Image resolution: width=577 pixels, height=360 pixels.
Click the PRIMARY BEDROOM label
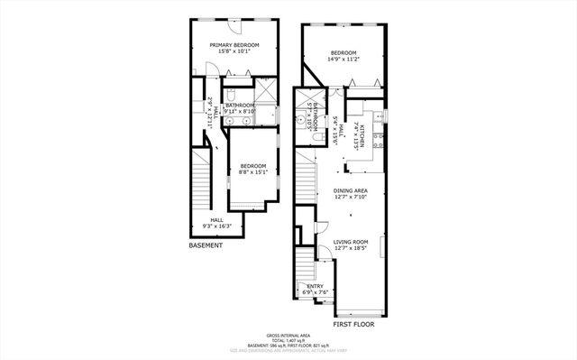pyautogui.click(x=234, y=45)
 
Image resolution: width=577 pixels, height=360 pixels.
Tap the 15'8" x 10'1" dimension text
pyautogui.click(x=234, y=51)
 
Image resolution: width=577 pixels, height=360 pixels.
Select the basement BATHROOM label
pyautogui.click(x=240, y=106)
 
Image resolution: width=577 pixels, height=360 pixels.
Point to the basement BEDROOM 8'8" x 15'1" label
pyautogui.click(x=253, y=168)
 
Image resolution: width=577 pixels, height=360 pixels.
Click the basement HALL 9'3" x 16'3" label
pyautogui.click(x=216, y=222)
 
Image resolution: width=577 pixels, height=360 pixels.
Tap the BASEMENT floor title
pyautogui.click(x=206, y=245)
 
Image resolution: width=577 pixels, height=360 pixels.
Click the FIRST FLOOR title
pyautogui.click(x=353, y=323)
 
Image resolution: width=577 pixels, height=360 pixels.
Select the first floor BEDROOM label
pyautogui.click(x=343, y=52)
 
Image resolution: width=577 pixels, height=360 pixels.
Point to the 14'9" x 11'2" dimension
pyautogui.click(x=343, y=60)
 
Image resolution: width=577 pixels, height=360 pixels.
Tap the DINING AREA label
pyautogui.click(x=350, y=190)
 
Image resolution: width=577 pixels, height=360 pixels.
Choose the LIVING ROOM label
pyautogui.click(x=350, y=242)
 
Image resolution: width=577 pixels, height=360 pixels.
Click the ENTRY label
pyautogui.click(x=316, y=286)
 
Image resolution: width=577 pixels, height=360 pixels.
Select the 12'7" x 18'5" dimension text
pyautogui.click(x=350, y=249)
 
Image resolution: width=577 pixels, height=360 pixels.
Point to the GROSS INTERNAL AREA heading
pyautogui.click(x=288, y=334)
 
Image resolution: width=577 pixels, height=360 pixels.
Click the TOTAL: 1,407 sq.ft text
pyautogui.click(x=288, y=339)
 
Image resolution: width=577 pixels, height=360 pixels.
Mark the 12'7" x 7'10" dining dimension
pyautogui.click(x=350, y=198)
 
